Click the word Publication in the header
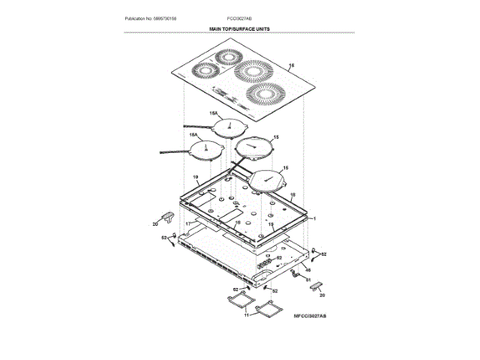click(137, 18)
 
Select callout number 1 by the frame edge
click(316, 217)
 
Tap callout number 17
click(190, 223)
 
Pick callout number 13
click(271, 223)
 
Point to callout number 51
click(307, 279)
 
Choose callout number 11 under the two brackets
click(244, 316)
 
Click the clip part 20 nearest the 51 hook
click(316, 286)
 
